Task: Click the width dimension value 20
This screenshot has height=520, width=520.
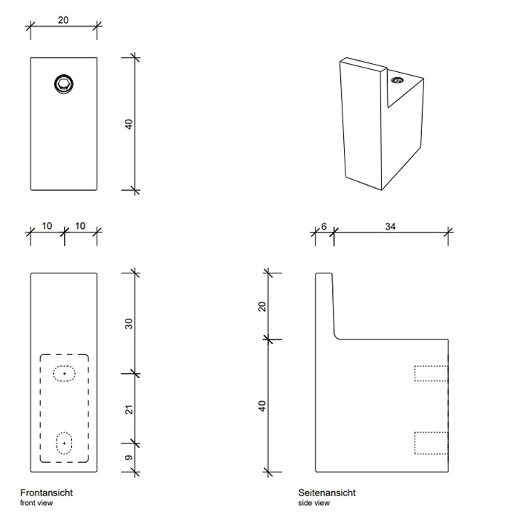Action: tap(63, 20)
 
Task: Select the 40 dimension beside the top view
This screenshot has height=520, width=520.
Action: tap(129, 124)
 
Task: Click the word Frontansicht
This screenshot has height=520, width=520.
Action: tap(46, 493)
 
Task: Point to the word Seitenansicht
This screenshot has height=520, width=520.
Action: tap(327, 493)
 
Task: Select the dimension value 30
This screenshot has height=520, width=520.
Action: tap(129, 324)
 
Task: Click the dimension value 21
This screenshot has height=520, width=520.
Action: tap(129, 408)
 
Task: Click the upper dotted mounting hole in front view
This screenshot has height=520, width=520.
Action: tap(64, 373)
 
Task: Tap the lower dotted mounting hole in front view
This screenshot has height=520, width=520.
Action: tap(65, 443)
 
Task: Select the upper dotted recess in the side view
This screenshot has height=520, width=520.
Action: tap(431, 373)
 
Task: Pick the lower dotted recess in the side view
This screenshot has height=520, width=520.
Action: tap(431, 443)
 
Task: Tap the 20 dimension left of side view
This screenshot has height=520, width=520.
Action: tap(262, 307)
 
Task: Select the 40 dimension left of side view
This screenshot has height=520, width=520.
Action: tap(262, 406)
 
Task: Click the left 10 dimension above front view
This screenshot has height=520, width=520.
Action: tap(47, 226)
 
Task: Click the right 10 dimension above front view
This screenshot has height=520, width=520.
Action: tap(80, 226)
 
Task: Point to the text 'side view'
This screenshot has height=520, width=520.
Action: tap(313, 504)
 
